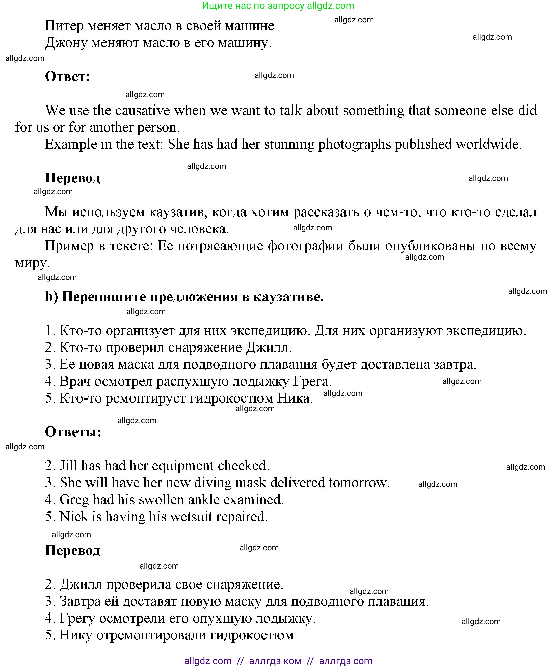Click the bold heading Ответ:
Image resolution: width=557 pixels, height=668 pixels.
pos(67,77)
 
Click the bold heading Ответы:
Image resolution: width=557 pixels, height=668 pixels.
pos(73,432)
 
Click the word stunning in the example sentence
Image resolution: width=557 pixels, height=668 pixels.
pos(289,144)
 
